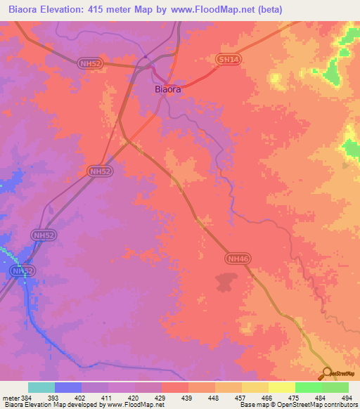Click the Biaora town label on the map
(x=168, y=90)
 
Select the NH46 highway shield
(x=237, y=259)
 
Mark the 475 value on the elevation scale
(x=296, y=397)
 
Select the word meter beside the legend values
(x=9, y=397)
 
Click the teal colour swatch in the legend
(x=41, y=387)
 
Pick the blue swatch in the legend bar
(x=68, y=387)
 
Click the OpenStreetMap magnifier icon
(x=327, y=373)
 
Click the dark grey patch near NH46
(x=225, y=283)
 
